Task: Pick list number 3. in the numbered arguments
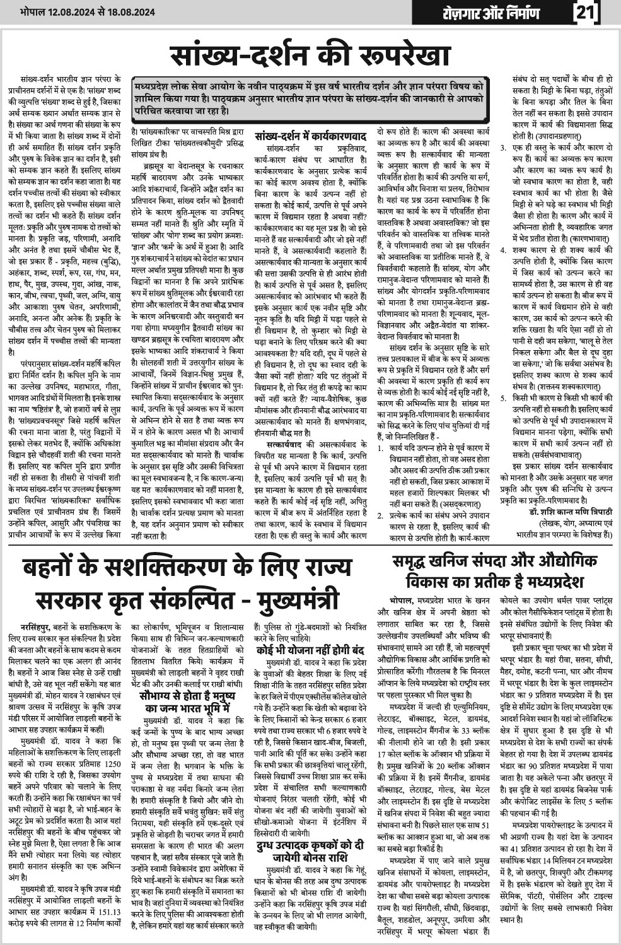(502, 148)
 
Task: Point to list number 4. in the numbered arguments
(502, 250)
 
